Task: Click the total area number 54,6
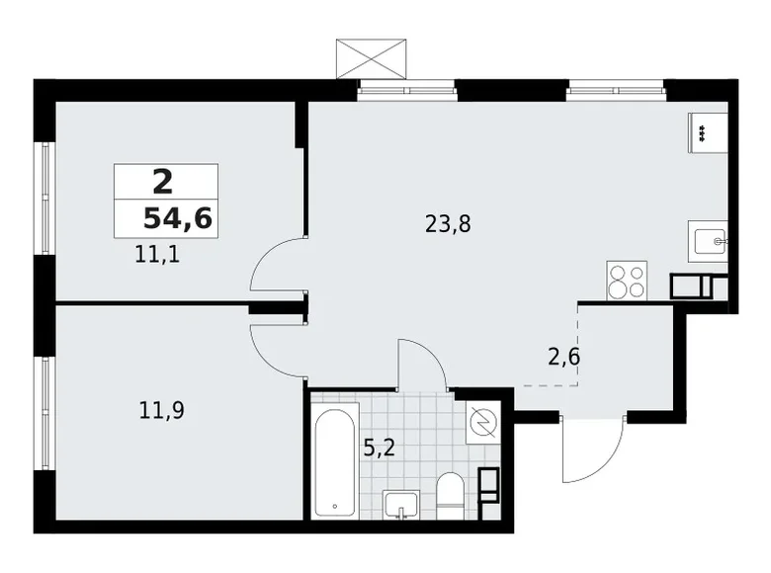(x=177, y=218)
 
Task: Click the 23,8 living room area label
(x=447, y=224)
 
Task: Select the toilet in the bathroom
(x=450, y=495)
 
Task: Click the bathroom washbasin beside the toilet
(x=401, y=503)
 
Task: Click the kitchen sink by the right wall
(x=708, y=240)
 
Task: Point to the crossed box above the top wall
(x=371, y=58)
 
